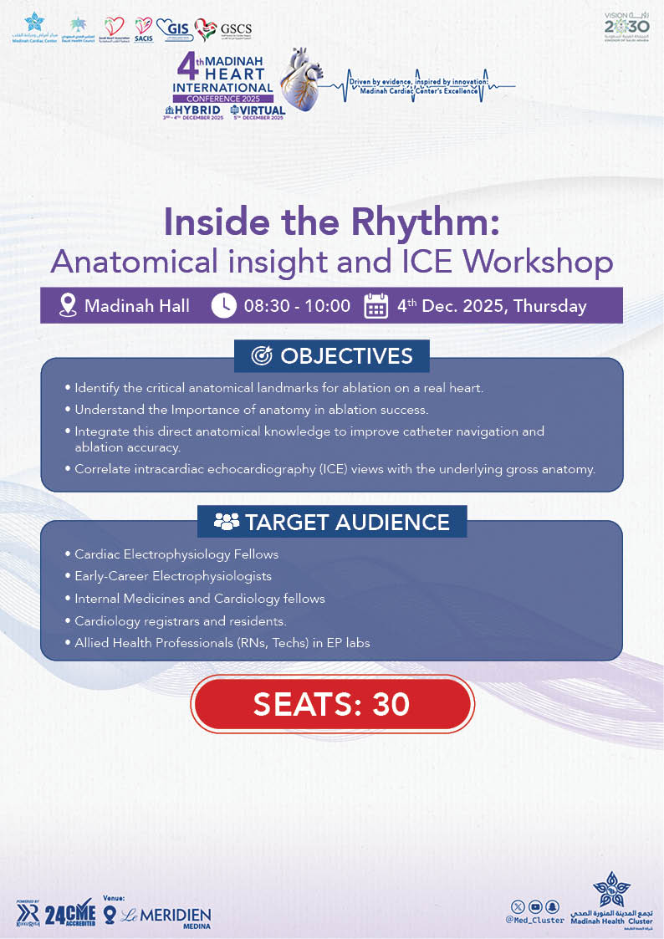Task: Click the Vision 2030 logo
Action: point(626,27)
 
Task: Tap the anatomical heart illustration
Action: point(307,84)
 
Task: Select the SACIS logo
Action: point(144,30)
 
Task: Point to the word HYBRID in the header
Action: point(197,110)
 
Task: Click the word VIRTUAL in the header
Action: point(263,110)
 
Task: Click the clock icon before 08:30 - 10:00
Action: point(223,306)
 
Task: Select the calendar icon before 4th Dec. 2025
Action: point(376,306)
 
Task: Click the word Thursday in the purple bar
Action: point(549,306)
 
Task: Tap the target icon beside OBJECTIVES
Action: point(261,356)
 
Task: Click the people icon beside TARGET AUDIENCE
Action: point(226,523)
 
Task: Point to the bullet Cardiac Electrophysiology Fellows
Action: point(176,554)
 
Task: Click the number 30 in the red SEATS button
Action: point(391,704)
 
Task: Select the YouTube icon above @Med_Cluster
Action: point(535,906)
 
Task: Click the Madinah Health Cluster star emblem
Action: point(610,889)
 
